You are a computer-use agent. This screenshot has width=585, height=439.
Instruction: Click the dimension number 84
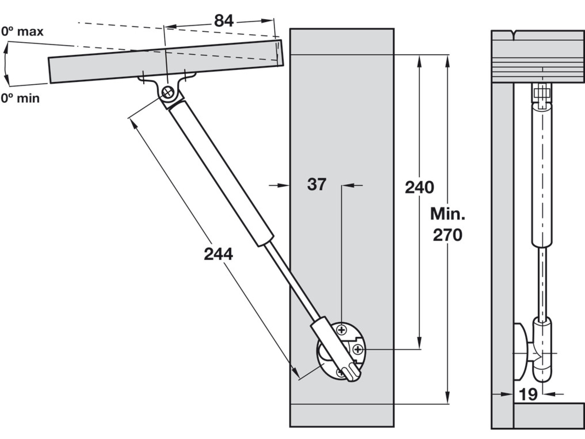(224, 21)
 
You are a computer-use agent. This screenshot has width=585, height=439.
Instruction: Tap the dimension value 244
(218, 254)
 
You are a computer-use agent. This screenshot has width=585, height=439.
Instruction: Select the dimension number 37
(317, 184)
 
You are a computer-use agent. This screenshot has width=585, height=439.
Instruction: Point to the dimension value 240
(419, 188)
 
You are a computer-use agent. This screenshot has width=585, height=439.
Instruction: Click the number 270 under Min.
(447, 235)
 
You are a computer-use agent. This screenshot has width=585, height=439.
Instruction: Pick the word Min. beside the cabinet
(448, 214)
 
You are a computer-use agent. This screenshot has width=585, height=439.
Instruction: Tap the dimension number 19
(528, 394)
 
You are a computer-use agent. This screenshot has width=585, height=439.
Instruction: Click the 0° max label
(22, 32)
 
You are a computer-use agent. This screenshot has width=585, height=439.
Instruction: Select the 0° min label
(20, 98)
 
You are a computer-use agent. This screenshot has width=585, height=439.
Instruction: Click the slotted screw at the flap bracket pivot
(168, 93)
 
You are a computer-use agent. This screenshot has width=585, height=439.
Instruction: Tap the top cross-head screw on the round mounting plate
(342, 330)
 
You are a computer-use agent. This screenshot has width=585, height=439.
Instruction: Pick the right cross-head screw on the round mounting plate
(358, 350)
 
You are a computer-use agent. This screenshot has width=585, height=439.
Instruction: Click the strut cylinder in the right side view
(542, 176)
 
